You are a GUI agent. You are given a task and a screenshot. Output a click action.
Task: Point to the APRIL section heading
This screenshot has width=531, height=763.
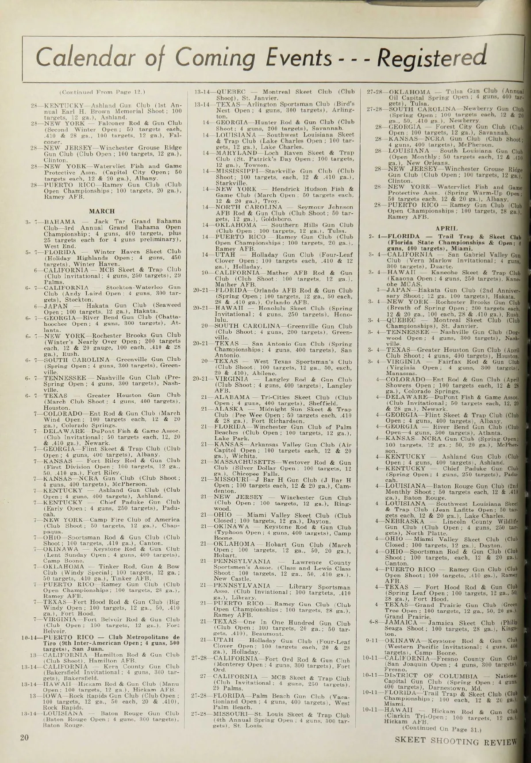(x=446, y=228)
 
